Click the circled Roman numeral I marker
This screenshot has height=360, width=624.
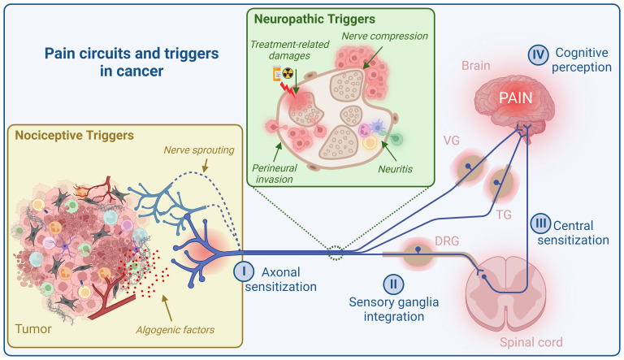242,269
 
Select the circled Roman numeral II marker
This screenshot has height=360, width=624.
392,284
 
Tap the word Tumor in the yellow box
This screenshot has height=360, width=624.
35,329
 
